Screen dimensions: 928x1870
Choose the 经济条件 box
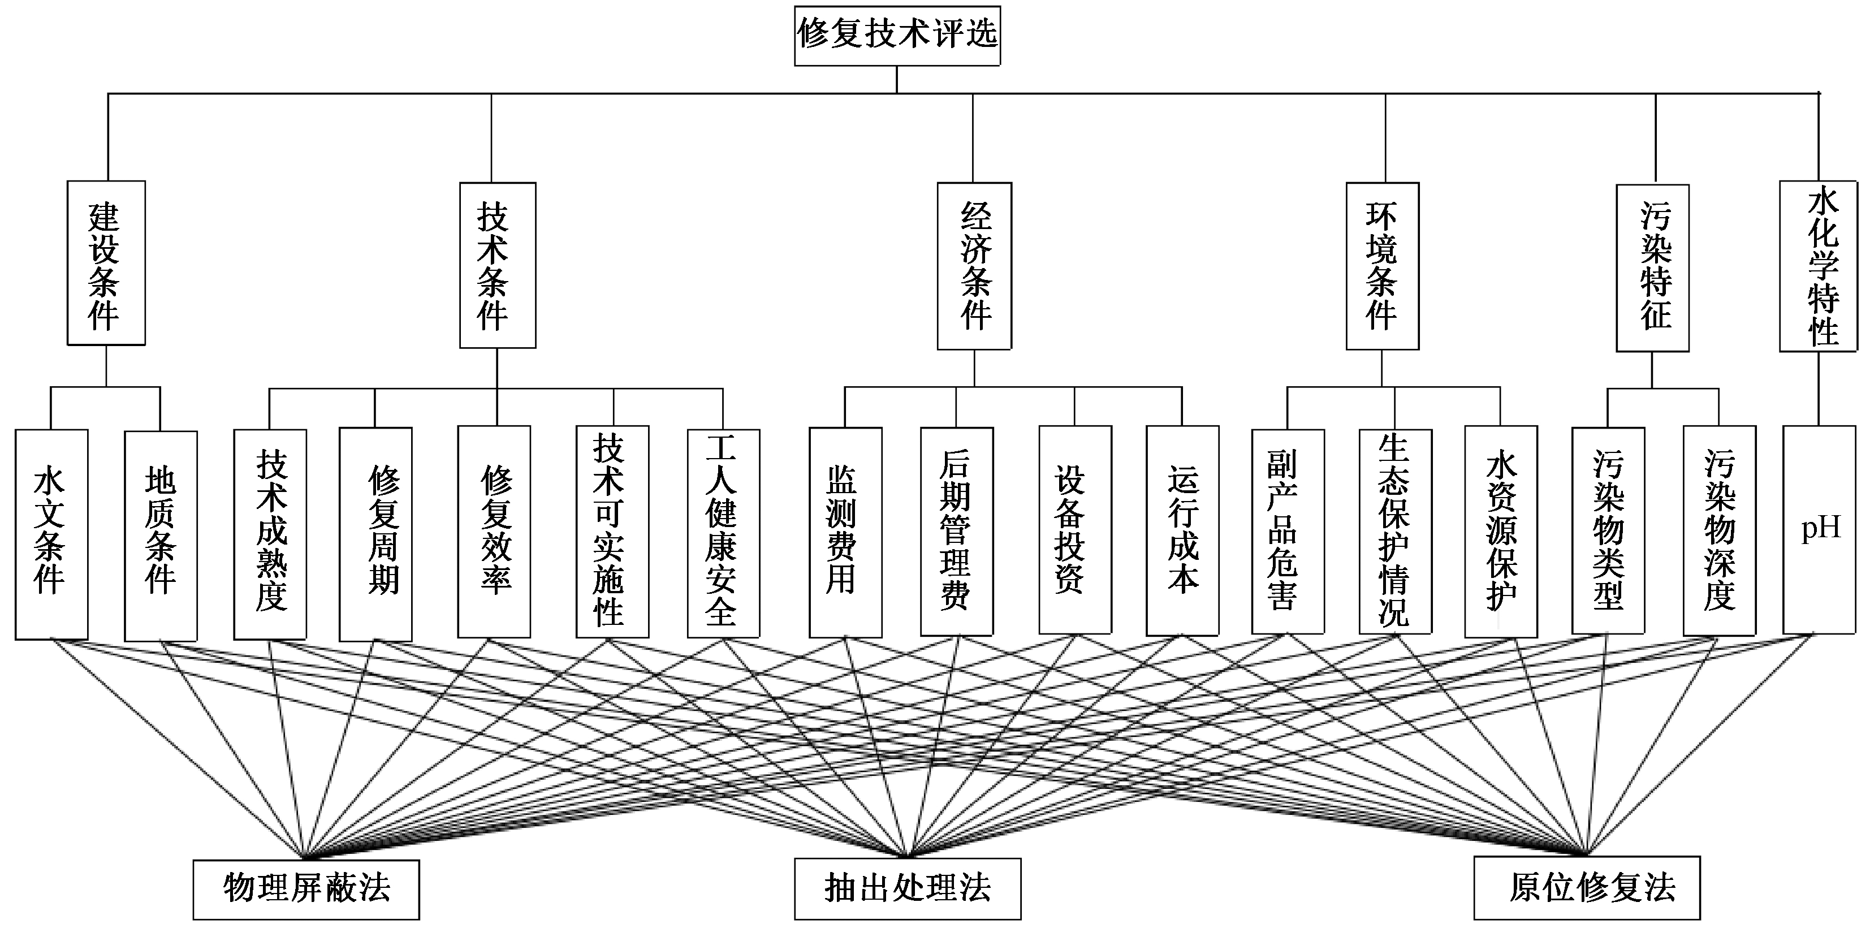[974, 266]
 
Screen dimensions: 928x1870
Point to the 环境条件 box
[1381, 266]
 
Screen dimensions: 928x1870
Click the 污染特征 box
[1652, 268]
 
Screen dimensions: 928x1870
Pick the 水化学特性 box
[1818, 266]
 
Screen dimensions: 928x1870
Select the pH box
[1819, 529]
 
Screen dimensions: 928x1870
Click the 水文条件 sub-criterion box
[51, 534]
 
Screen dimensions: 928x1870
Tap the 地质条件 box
[161, 536]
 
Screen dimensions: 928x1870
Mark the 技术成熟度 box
[270, 534]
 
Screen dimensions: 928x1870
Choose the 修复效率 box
[494, 532]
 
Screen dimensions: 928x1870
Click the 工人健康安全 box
[723, 533]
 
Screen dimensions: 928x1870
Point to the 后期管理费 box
[956, 532]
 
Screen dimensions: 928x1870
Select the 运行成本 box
[1182, 530]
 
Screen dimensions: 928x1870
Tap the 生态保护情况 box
[1394, 532]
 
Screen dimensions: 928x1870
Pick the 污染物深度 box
[1718, 532]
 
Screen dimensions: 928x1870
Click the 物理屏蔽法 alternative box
[305, 889]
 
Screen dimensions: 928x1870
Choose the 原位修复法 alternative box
[1586, 887]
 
